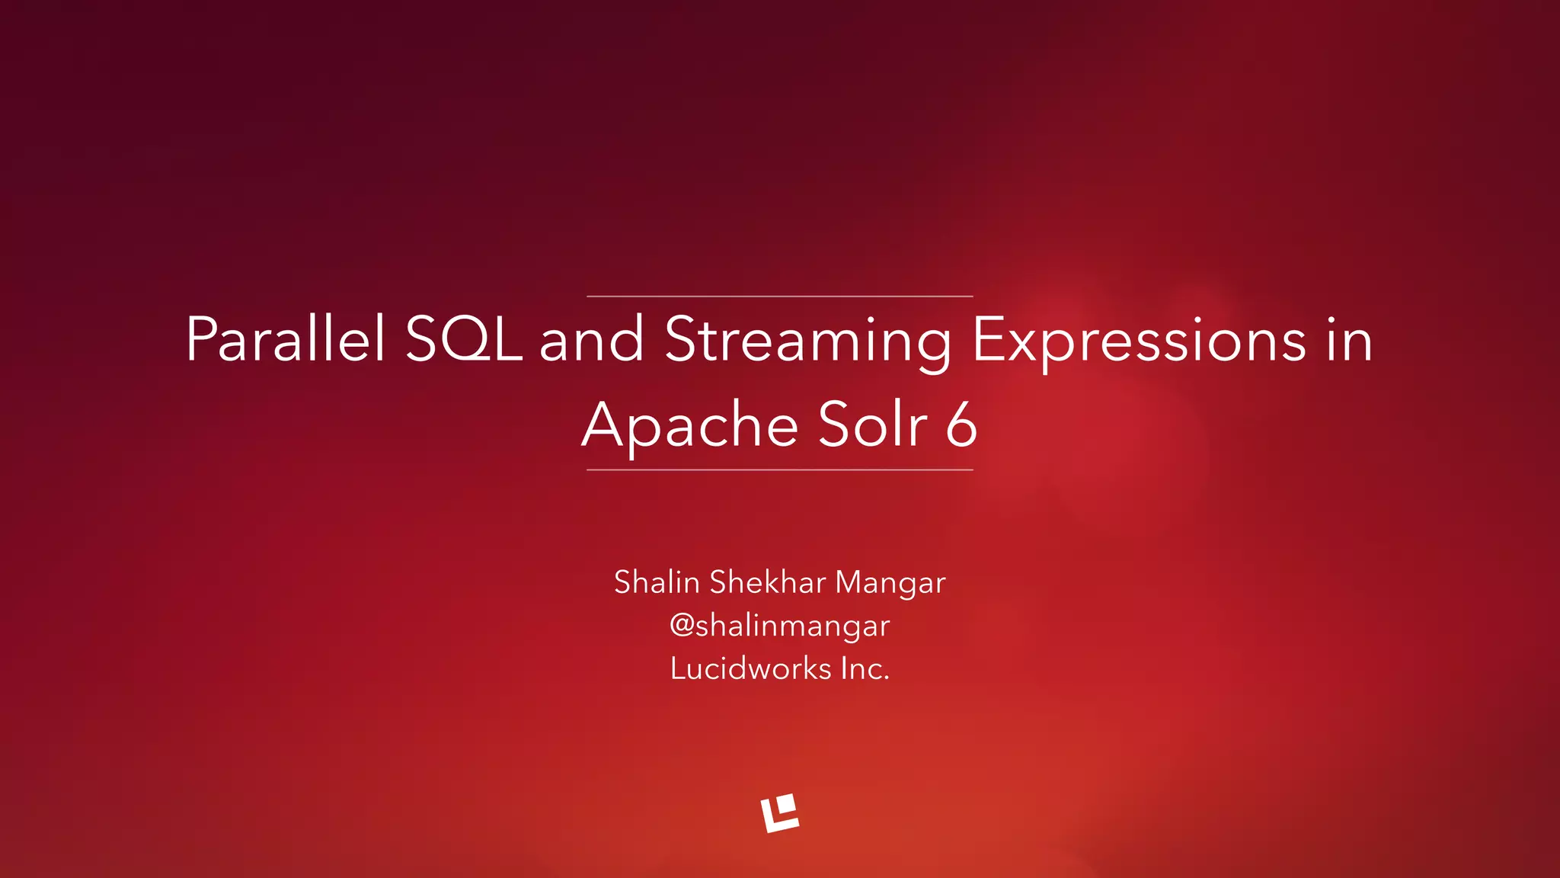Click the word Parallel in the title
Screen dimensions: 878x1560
click(x=286, y=339)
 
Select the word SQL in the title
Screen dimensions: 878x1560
click(x=463, y=339)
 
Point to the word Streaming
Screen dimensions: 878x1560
click(x=807, y=341)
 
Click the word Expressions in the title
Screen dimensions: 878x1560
click(x=1139, y=341)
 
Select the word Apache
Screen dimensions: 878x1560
click(x=689, y=425)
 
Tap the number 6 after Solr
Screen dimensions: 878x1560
click(x=961, y=425)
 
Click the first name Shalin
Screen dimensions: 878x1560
click(x=657, y=582)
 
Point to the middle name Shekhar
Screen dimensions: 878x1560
click(x=768, y=582)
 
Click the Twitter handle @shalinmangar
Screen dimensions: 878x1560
click(x=780, y=626)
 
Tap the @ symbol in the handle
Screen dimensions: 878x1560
click(x=682, y=625)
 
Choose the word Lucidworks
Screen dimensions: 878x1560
click(x=750, y=668)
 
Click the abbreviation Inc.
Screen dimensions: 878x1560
click(x=865, y=668)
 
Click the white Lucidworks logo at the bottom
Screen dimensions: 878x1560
click(x=780, y=812)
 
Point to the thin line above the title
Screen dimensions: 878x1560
click(x=780, y=296)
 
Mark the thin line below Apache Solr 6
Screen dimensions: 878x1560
click(x=780, y=470)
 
